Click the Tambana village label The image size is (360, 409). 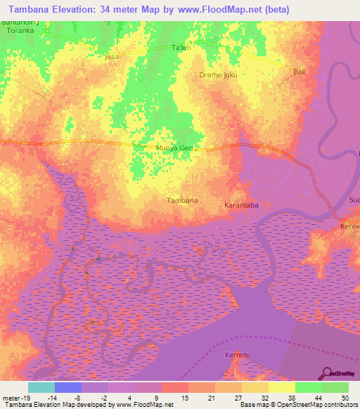182,200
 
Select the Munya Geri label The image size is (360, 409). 174,148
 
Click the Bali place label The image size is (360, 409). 298,72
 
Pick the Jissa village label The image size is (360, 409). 112,56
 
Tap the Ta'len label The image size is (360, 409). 181,48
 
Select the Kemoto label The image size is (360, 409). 237,355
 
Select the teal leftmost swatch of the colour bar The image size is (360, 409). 41,387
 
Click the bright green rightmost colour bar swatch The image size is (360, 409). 335,387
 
